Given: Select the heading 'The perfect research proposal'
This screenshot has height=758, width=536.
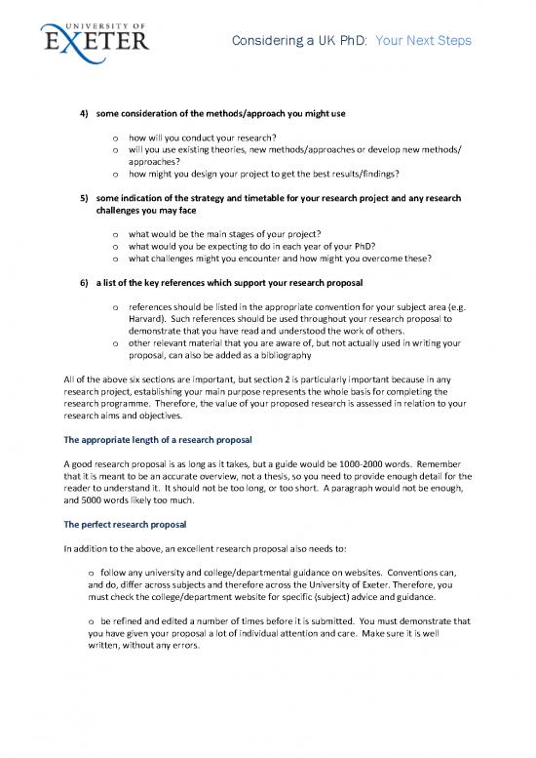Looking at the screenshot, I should click(132, 524).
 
